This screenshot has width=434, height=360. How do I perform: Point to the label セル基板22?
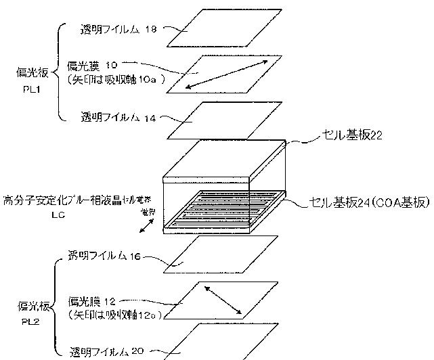pos(351,136)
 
